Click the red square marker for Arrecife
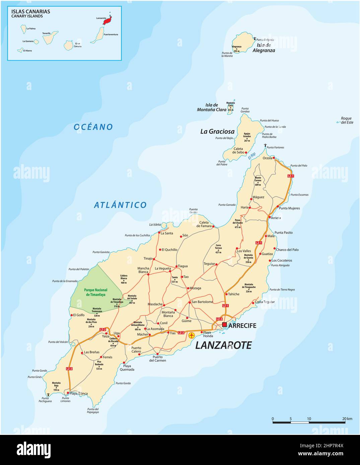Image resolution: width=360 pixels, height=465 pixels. (x=224, y=324)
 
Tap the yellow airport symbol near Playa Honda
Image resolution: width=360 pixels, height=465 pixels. (x=192, y=335)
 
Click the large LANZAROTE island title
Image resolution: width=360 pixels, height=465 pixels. (x=223, y=345)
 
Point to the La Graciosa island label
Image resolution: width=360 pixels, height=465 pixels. (x=217, y=131)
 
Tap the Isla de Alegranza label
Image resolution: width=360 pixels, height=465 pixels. (x=264, y=48)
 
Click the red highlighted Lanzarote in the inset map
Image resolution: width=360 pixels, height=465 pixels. (x=107, y=21)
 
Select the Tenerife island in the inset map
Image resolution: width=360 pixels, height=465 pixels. (x=50, y=37)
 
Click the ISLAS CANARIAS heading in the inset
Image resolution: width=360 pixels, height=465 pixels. (x=30, y=11)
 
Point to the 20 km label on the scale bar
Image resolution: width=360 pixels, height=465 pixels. (x=347, y=418)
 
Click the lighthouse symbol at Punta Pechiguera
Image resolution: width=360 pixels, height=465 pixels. (x=49, y=395)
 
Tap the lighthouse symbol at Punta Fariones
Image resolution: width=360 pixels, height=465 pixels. (x=265, y=146)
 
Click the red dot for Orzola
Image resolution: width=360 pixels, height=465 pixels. (x=274, y=158)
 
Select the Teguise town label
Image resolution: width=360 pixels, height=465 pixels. (x=209, y=264)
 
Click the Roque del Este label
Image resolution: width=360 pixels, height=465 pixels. (x=346, y=120)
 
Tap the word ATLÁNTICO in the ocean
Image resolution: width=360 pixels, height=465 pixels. (x=120, y=205)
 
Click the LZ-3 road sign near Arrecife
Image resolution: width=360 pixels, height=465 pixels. (x=219, y=319)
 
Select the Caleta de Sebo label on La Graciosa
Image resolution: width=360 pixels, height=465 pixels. (x=238, y=151)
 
